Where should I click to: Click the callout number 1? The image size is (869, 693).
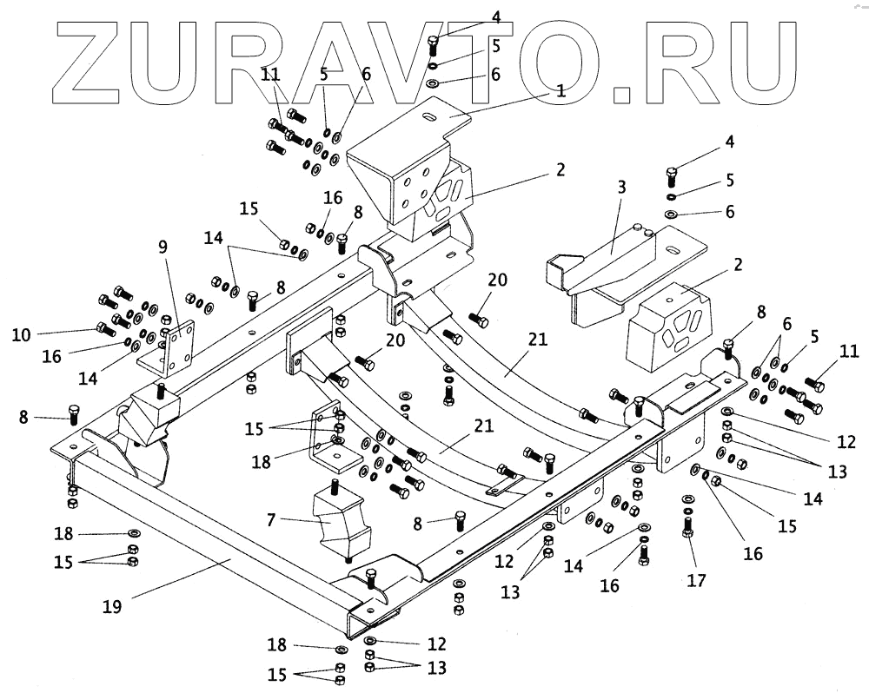[561, 89]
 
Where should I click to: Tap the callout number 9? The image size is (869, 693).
[162, 246]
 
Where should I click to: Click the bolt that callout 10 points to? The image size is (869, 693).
[106, 328]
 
